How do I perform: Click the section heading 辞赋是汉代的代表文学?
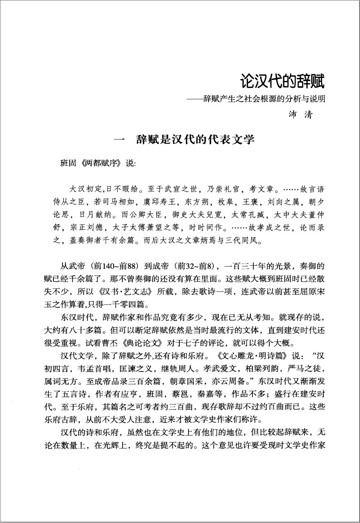coord(195,140)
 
